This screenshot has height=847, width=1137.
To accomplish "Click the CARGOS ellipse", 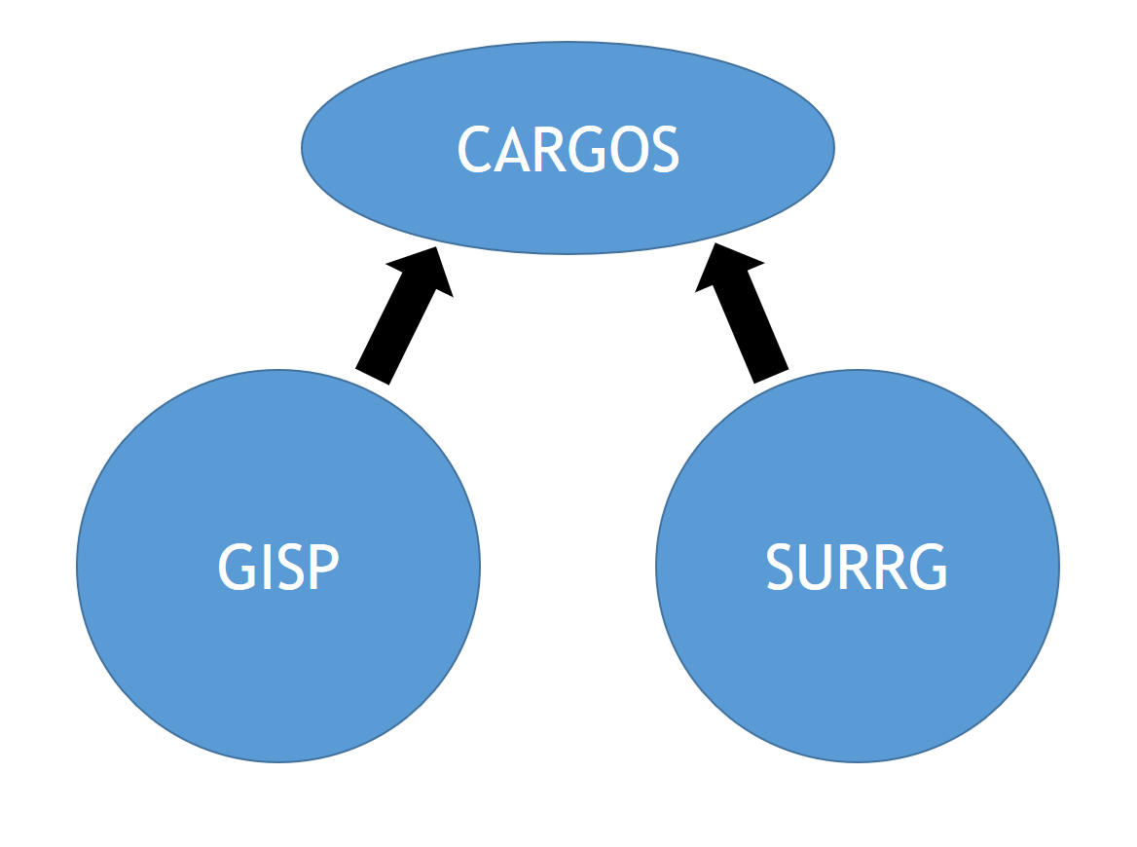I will pyautogui.click(x=568, y=209).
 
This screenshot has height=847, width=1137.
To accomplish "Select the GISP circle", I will pyautogui.click(x=278, y=662).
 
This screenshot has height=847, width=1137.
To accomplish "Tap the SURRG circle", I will pyautogui.click(x=857, y=662).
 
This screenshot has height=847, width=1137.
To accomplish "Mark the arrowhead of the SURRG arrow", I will pyautogui.click(x=725, y=267).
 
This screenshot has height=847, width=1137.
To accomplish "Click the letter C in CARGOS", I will pyautogui.click(x=474, y=149).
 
